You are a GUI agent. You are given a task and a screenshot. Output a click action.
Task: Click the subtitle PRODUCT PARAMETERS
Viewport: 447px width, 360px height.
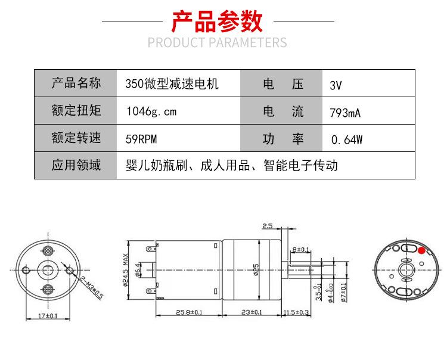(x=217, y=43)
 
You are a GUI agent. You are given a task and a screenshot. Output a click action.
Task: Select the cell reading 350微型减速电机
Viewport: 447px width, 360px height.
(x=172, y=84)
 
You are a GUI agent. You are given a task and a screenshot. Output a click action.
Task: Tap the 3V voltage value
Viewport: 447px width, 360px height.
(x=336, y=85)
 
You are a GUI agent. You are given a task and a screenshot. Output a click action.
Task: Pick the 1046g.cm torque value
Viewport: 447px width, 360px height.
(x=151, y=111)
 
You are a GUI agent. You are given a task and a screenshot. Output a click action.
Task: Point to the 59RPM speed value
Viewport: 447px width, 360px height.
(x=142, y=139)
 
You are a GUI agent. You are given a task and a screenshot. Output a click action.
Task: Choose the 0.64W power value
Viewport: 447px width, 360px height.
(x=346, y=140)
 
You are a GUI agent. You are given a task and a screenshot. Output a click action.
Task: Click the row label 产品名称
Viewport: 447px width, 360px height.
(x=76, y=83)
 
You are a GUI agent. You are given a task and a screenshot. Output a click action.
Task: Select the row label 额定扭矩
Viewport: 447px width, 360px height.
(x=76, y=111)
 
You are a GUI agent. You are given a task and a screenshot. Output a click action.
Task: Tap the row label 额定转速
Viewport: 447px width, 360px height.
(x=76, y=138)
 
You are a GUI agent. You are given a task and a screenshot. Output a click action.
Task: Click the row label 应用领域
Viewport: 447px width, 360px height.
(x=76, y=165)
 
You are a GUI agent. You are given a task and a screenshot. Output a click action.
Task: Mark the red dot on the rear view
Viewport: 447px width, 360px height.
(x=422, y=250)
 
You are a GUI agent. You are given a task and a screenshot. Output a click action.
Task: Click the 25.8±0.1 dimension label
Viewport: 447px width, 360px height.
(x=189, y=312)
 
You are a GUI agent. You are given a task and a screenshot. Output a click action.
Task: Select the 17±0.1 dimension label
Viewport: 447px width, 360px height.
(x=48, y=315)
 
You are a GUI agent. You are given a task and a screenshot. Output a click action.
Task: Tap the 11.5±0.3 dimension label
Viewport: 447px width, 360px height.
(x=296, y=312)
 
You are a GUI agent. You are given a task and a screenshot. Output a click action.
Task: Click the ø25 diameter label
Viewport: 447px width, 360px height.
(x=256, y=269)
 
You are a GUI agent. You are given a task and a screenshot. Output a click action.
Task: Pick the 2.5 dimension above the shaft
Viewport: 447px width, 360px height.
(x=267, y=226)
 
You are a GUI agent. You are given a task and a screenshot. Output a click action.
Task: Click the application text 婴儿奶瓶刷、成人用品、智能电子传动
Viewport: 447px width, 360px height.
(x=232, y=165)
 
